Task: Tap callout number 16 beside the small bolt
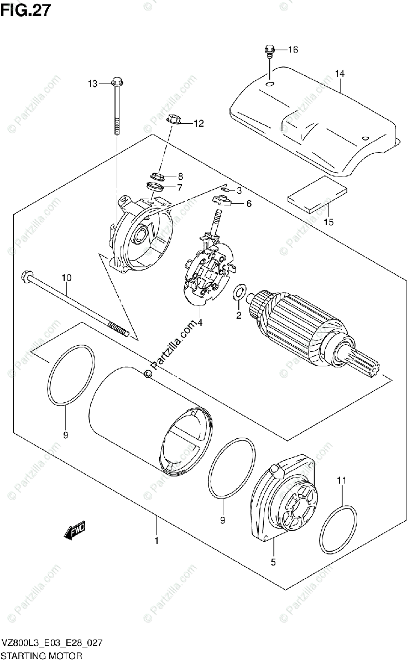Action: click(x=292, y=50)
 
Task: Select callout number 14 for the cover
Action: click(x=339, y=74)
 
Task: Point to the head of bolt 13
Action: click(x=116, y=84)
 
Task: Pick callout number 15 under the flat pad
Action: click(x=329, y=222)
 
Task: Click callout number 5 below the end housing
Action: click(x=274, y=563)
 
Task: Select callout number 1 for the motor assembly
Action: click(x=156, y=541)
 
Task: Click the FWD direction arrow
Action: click(x=75, y=531)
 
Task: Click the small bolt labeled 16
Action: click(x=268, y=51)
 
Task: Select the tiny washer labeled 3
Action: click(x=226, y=190)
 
